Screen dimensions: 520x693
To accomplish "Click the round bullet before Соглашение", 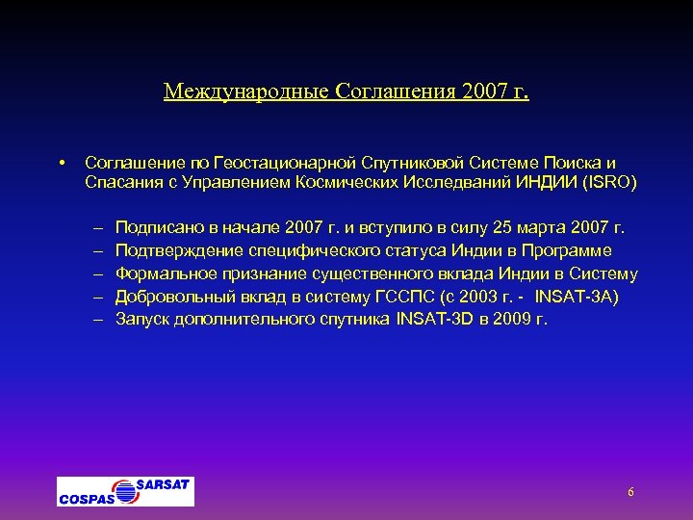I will pos(61,161).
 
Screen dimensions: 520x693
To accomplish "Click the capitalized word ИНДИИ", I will pos(547,182).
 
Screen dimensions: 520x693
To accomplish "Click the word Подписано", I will pos(157,228).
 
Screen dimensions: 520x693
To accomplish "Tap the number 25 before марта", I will pos(501,228).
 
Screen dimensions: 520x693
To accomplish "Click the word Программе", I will pos(589,250).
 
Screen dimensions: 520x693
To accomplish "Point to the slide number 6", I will pos(630,492).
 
